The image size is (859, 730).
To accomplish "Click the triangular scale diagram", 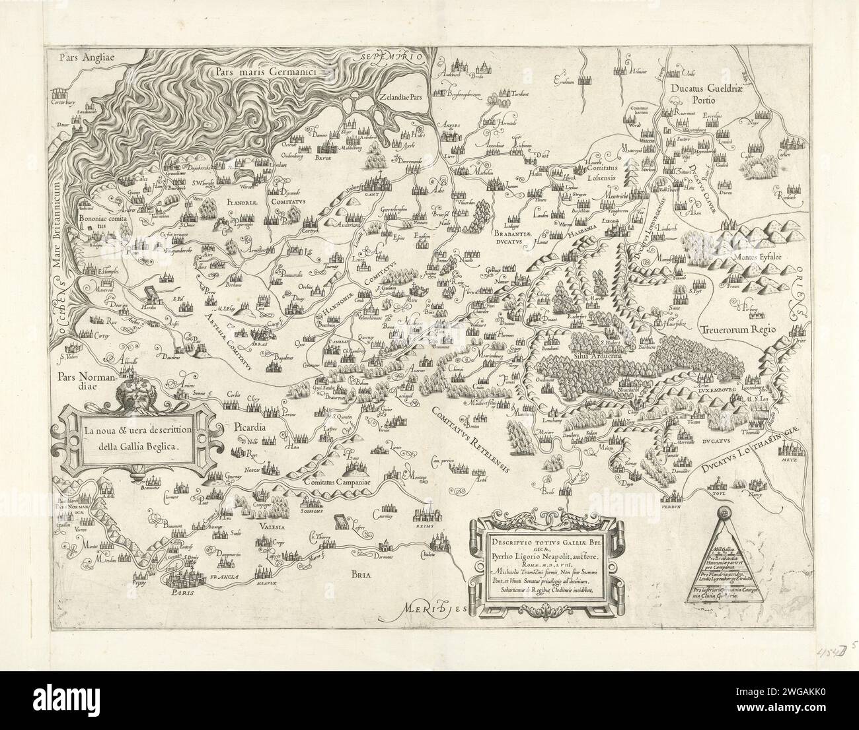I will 725,550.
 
